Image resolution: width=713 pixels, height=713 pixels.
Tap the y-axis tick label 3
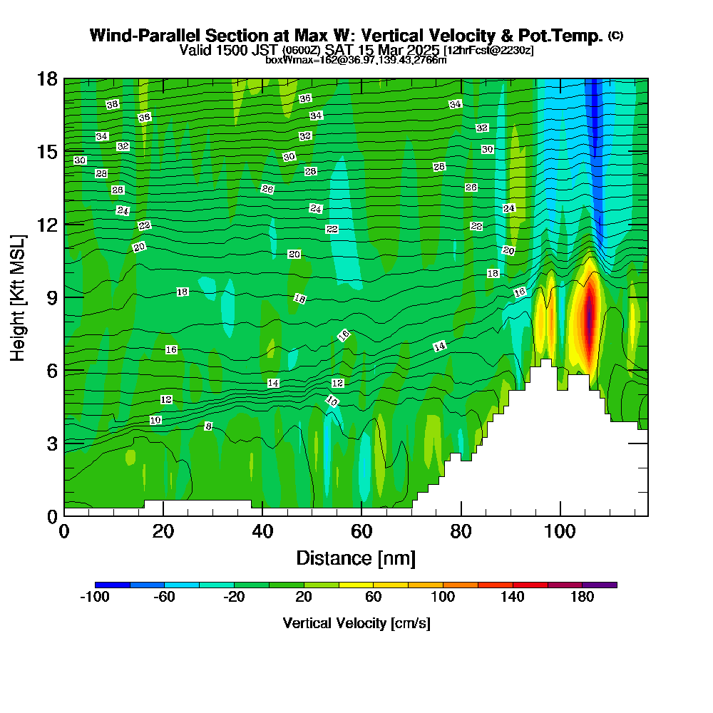tap(52, 443)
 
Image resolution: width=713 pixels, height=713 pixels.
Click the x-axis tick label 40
tap(262, 532)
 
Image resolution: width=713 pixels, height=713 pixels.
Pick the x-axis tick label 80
tap(461, 532)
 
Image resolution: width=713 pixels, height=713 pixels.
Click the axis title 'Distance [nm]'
tap(356, 558)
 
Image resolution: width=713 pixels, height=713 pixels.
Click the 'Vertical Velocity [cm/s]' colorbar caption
tap(356, 623)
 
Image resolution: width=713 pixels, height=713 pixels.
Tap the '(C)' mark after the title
tap(616, 36)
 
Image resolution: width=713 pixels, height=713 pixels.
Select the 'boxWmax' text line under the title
tap(356, 60)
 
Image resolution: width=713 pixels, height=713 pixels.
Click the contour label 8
tap(208, 426)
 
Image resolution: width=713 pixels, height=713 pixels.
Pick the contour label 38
tap(112, 105)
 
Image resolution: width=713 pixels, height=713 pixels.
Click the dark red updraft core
tap(589, 314)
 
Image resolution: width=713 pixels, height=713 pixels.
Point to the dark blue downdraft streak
tap(594, 128)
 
